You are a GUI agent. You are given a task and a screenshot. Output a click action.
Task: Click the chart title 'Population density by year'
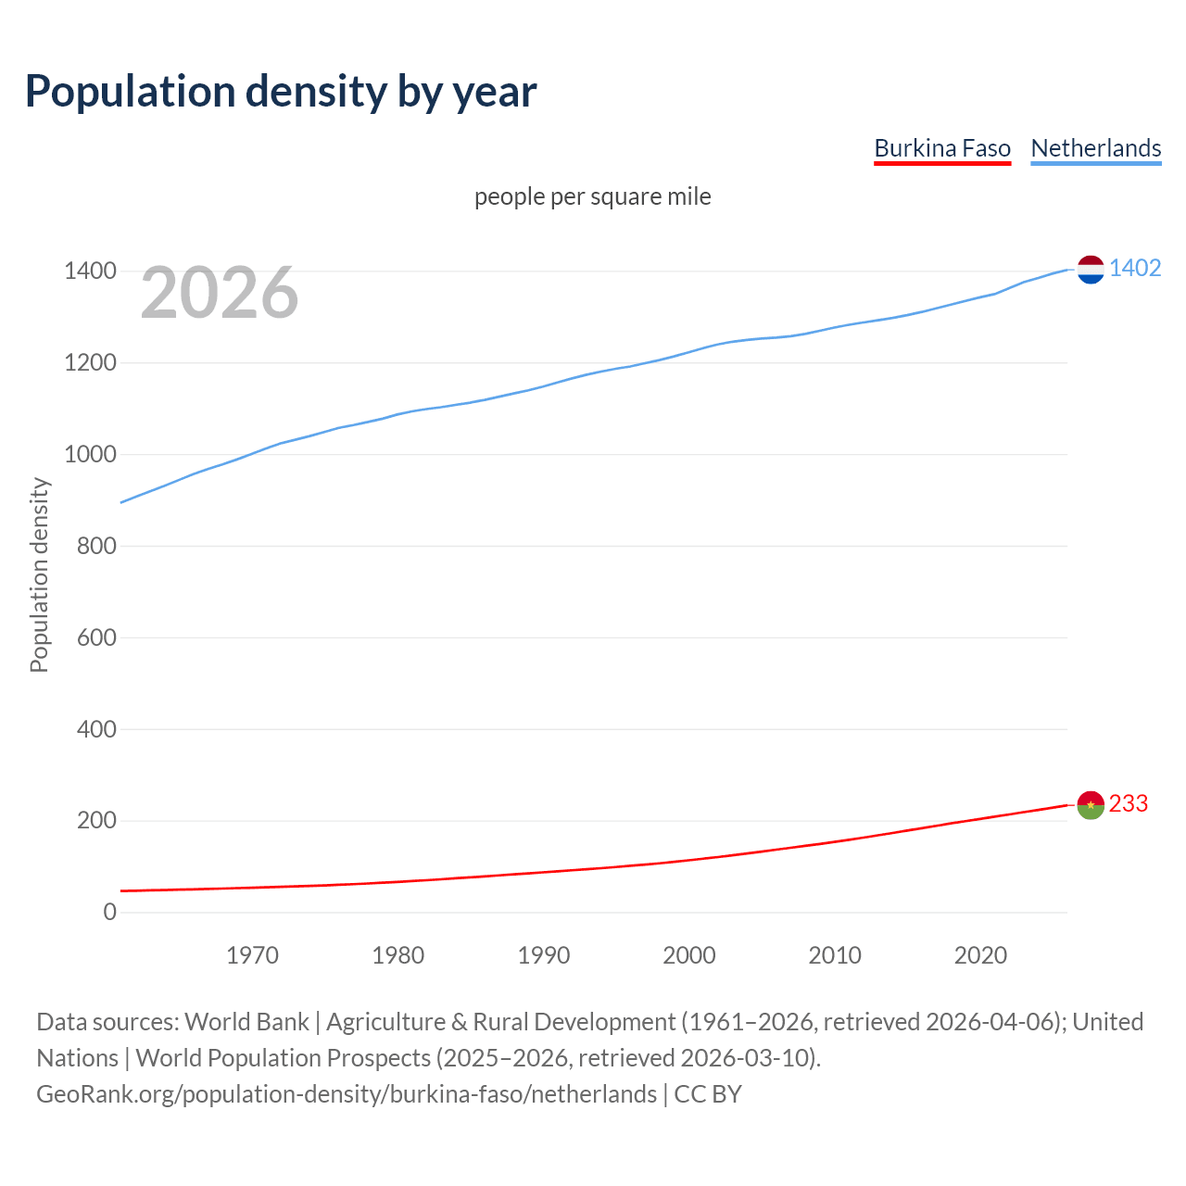coord(281,92)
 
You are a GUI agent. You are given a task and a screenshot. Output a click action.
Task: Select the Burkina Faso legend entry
coord(942,148)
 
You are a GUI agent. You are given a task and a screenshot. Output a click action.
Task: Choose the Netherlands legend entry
coord(1095,148)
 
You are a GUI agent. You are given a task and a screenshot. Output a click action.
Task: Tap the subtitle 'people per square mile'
coord(592,196)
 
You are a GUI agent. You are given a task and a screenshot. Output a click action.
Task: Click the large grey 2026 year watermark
coord(220,293)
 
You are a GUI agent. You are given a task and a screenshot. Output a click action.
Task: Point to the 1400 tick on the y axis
coord(90,271)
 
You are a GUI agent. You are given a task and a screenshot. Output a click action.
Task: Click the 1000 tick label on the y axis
coord(90,454)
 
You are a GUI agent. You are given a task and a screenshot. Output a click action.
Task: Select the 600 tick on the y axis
coord(96,637)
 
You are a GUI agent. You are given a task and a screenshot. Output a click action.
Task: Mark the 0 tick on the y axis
coord(110,913)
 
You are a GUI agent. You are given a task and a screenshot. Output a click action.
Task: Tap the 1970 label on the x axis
coord(252,955)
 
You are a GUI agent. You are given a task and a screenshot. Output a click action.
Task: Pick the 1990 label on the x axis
coord(544,955)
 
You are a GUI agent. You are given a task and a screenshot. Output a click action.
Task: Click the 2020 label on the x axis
coord(980,955)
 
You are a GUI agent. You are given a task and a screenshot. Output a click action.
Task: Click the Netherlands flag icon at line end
coord(1091,270)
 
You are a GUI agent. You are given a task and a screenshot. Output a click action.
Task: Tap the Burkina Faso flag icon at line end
coord(1091,805)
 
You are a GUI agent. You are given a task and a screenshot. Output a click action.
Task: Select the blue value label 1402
coord(1135,269)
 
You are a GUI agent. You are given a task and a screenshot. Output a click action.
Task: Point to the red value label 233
coord(1129,804)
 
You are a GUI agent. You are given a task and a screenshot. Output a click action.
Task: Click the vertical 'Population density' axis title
coord(39,574)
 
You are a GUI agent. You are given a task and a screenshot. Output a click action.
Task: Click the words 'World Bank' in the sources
coord(246,1022)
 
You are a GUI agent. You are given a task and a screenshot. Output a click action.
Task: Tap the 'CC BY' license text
coord(708,1094)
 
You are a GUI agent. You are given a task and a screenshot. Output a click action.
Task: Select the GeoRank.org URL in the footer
coord(347,1094)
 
